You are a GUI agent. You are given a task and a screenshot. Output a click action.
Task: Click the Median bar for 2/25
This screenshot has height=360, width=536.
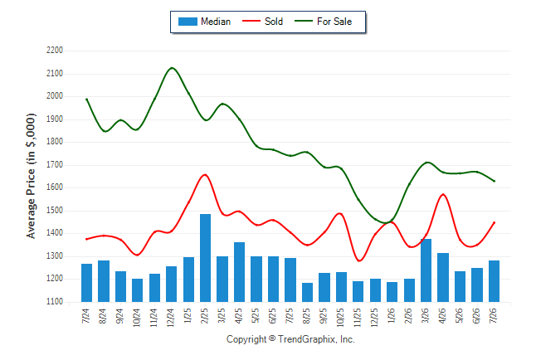[205, 258]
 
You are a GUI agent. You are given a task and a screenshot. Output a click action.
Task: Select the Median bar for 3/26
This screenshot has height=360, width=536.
[426, 270]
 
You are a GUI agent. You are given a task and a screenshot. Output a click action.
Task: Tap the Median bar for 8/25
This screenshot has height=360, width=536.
[307, 292]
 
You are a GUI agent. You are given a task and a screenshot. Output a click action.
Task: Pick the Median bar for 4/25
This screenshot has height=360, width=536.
[239, 272]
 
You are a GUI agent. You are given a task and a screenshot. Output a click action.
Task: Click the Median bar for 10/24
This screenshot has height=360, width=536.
[138, 290]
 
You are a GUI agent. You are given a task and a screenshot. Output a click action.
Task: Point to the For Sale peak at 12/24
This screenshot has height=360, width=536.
[172, 68]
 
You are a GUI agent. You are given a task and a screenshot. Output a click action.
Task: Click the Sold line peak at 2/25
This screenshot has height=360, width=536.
[205, 175]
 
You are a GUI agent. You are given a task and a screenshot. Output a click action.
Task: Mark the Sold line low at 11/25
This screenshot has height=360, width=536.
[359, 260]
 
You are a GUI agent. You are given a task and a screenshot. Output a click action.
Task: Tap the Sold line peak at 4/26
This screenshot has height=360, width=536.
[443, 194]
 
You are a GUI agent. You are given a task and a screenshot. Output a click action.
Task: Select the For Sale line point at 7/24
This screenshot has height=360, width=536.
[86, 100]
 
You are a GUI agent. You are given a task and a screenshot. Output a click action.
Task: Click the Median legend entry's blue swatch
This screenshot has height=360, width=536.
[188, 22]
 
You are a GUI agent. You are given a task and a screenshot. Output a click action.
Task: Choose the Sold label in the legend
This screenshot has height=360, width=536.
[274, 22]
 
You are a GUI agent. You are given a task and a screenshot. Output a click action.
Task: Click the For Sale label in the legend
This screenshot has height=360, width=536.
[334, 22]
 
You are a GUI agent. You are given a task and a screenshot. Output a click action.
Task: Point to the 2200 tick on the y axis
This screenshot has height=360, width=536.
[55, 51]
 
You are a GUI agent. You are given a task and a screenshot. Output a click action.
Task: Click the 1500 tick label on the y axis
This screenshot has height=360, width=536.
[55, 210]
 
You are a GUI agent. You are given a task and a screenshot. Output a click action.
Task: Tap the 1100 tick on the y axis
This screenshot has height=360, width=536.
[55, 302]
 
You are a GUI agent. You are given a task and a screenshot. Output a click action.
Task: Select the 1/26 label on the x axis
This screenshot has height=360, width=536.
[392, 315]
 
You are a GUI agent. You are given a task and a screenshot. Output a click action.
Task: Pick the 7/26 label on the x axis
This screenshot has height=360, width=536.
[494, 315]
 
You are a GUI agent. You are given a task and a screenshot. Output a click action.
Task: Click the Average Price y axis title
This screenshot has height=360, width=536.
[31, 176]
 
